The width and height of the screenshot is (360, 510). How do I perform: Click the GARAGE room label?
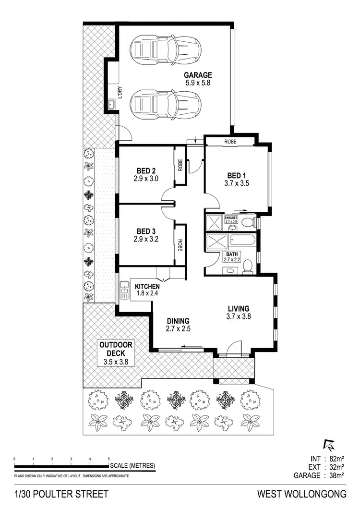198,75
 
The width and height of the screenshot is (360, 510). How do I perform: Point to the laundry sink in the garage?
111,104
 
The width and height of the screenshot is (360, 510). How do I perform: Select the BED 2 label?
147,170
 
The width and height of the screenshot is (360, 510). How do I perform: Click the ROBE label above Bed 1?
231,142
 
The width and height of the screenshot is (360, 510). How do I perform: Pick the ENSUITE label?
231,218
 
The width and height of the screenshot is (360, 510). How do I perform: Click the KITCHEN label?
147,287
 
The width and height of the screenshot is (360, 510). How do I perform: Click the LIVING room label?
238,308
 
